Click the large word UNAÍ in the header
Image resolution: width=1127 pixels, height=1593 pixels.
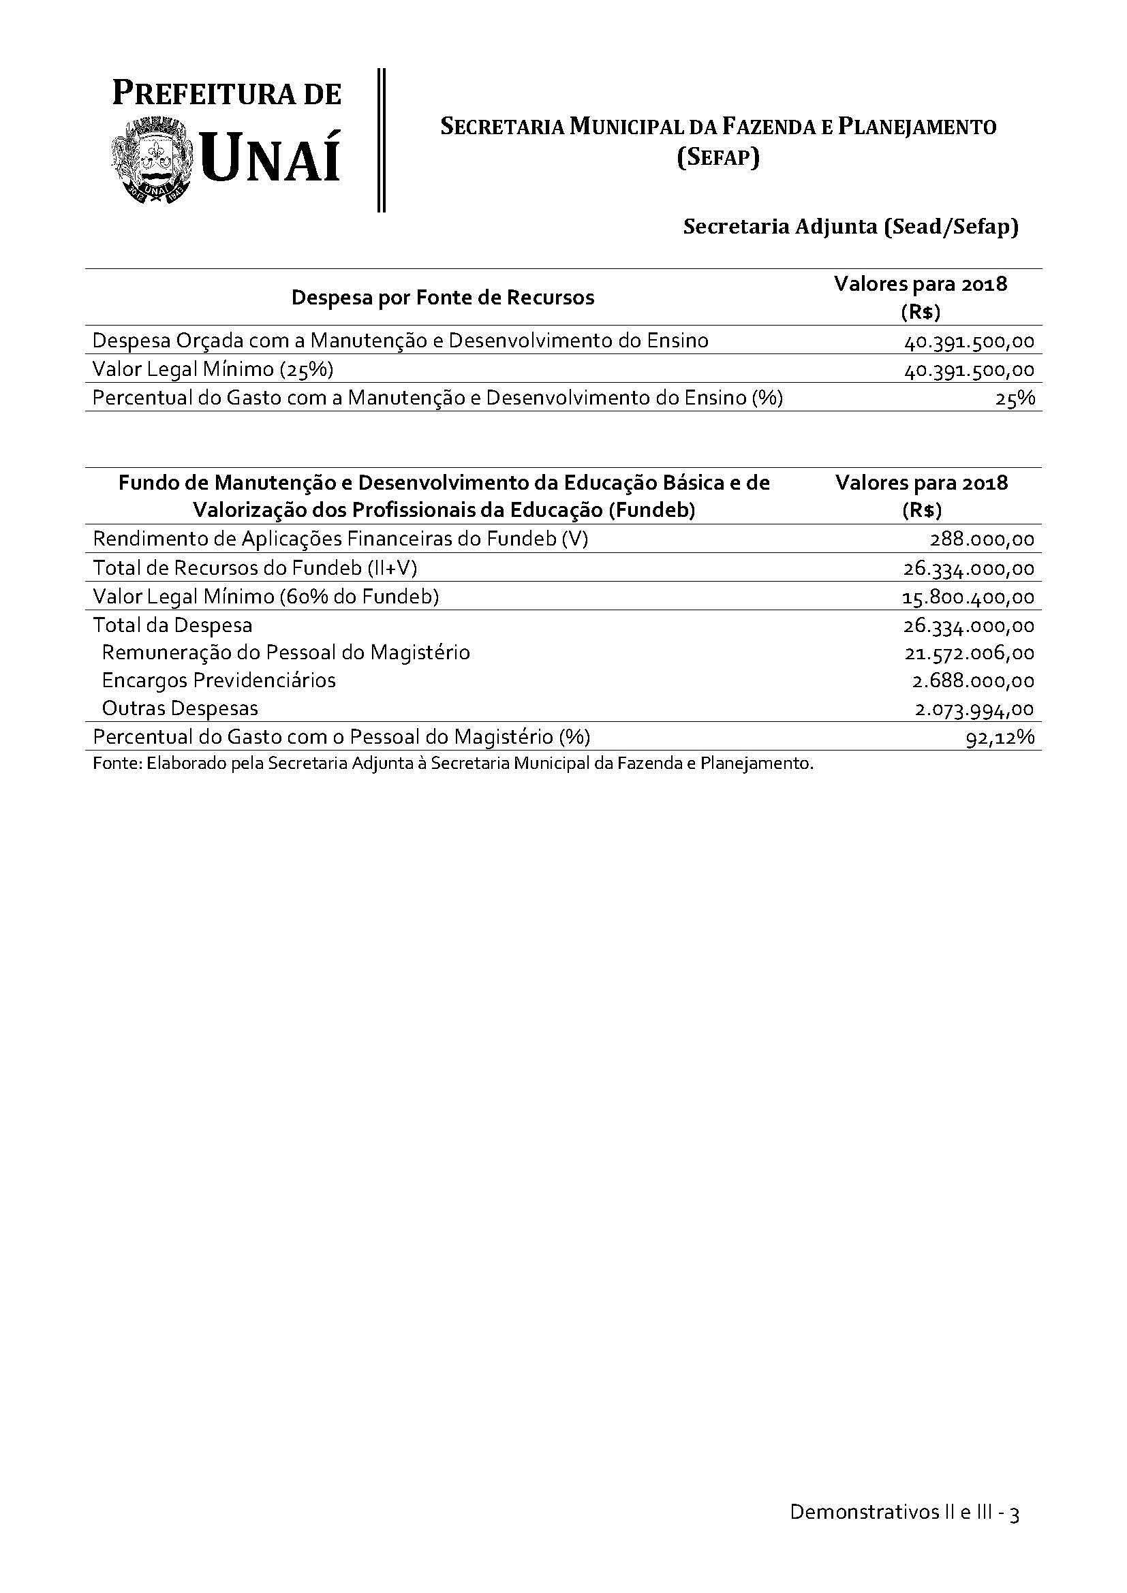point(271,158)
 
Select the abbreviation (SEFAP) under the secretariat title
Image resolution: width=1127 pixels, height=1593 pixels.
point(718,158)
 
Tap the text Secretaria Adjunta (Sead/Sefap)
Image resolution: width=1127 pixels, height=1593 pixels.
point(851,227)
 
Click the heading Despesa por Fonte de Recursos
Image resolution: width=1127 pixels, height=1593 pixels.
point(443,298)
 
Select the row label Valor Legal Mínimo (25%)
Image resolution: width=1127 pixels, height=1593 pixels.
point(213,369)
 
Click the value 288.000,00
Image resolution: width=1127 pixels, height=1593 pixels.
point(982,540)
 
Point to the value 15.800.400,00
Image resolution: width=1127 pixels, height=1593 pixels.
point(968,597)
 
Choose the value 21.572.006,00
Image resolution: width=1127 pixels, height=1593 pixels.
point(969,654)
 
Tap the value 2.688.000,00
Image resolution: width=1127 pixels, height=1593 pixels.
point(973,681)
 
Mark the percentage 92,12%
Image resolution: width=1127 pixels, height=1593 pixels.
point(1000,738)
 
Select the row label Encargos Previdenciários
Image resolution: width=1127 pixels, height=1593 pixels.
point(219,680)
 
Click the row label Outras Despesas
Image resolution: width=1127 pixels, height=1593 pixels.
point(180,709)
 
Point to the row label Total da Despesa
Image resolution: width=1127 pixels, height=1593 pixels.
point(173,626)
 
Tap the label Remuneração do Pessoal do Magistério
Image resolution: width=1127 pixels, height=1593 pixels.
point(286,653)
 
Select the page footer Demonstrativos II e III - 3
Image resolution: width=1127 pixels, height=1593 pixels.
point(904,1513)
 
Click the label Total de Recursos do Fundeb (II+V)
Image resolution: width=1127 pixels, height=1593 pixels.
point(255,568)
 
